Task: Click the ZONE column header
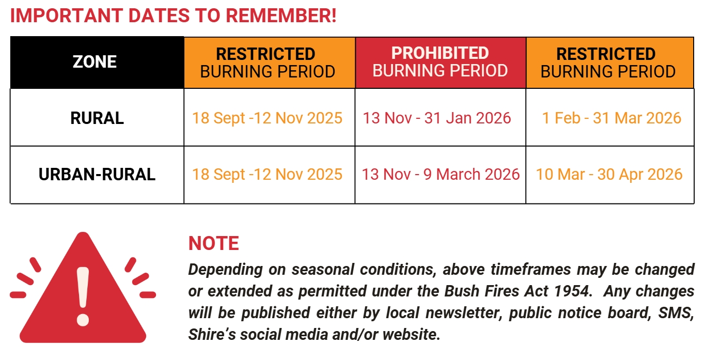[95, 62]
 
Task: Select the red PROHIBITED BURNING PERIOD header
[440, 62]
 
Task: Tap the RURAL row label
[97, 118]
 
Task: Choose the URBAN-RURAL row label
[97, 175]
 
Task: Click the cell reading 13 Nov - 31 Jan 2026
[437, 118]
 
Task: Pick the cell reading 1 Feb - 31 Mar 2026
[612, 118]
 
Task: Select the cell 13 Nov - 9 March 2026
[441, 175]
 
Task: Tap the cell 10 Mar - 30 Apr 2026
[609, 175]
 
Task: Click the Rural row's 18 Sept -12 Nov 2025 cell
[267, 118]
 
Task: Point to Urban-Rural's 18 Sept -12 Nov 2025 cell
[267, 175]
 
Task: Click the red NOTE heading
[213, 243]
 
